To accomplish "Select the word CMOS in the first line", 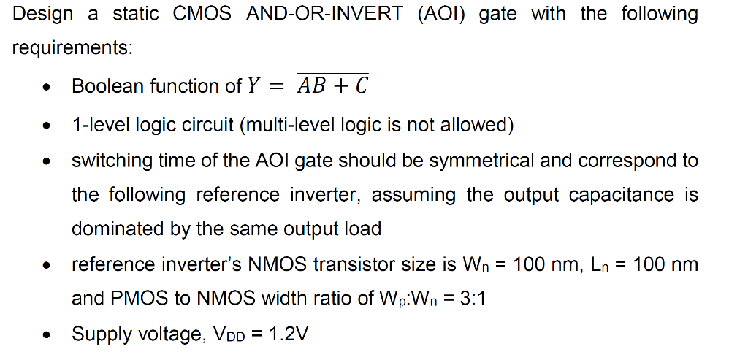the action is point(203,14).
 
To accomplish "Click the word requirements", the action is point(71,48).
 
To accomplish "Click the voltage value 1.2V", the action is point(289,334).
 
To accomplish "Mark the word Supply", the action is point(97,334).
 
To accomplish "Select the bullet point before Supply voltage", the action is point(47,336).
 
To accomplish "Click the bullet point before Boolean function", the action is point(47,88).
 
